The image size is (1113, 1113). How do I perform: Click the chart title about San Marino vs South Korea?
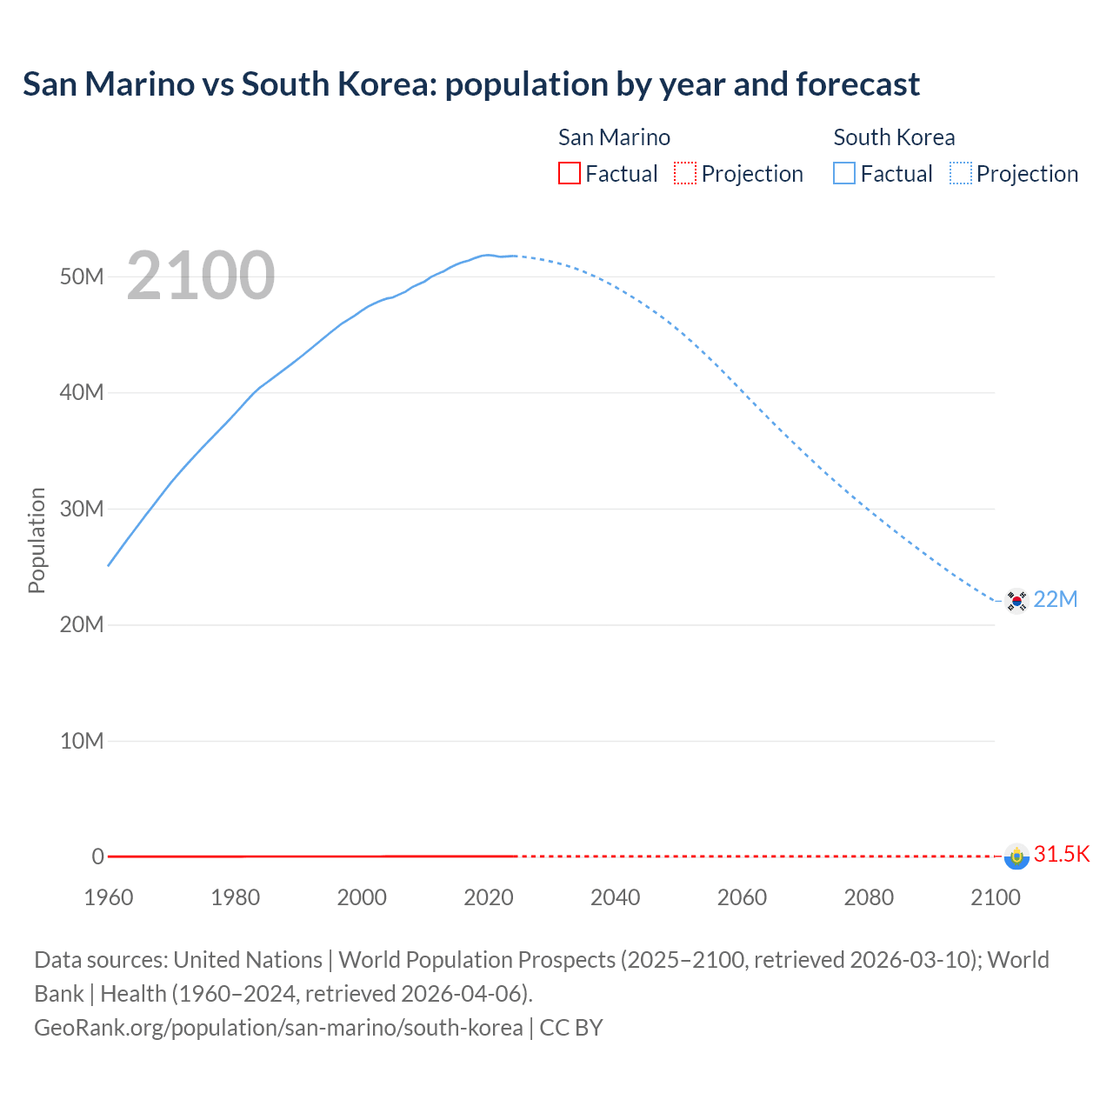470,84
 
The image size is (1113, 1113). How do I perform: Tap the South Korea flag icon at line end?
1016,601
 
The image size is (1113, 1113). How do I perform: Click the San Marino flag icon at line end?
1016,856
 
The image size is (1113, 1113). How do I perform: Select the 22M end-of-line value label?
1056,599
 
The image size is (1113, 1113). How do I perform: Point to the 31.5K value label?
1062,854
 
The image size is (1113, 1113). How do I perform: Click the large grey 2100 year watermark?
201,276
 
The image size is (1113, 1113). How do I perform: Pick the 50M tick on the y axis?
82,277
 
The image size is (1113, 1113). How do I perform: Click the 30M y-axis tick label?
82,509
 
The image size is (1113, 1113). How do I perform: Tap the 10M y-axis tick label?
82,741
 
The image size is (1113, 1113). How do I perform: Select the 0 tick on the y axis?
97,856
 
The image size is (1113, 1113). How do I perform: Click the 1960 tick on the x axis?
109,897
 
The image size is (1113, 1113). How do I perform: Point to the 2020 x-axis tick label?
489,897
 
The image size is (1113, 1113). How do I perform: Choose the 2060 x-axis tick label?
742,897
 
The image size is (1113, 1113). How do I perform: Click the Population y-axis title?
37,540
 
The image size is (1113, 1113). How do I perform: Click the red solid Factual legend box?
569,173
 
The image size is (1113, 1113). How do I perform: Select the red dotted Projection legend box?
685,173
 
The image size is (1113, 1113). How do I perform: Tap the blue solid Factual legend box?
844,173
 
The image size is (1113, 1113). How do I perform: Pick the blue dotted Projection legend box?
961,173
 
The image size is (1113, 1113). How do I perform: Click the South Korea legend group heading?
894,137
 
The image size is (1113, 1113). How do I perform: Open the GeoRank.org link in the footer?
278,1027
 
